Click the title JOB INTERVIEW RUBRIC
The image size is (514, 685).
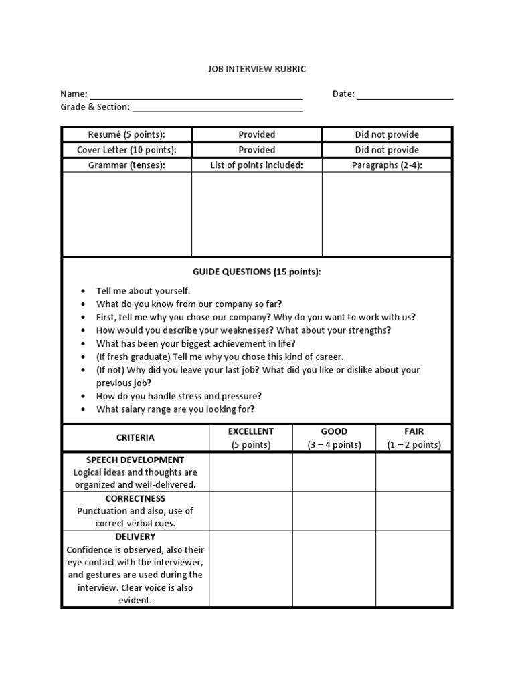click(256, 69)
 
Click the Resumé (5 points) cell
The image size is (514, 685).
click(126, 134)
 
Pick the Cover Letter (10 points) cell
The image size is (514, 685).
click(126, 150)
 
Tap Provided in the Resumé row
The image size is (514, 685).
click(257, 134)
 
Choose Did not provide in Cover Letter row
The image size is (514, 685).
click(387, 150)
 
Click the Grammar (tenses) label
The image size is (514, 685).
click(126, 165)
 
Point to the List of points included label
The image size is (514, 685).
click(257, 165)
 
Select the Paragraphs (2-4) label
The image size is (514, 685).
click(387, 165)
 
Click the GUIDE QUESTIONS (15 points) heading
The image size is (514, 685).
click(256, 272)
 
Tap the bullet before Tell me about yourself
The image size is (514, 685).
click(82, 291)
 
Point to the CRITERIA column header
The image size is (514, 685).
click(135, 437)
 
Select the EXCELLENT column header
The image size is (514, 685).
click(251, 431)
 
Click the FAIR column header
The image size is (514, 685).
click(414, 431)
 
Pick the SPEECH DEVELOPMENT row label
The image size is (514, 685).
click(135, 460)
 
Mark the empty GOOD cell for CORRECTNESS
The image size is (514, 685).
click(334, 511)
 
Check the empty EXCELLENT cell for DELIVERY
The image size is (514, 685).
click(251, 568)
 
